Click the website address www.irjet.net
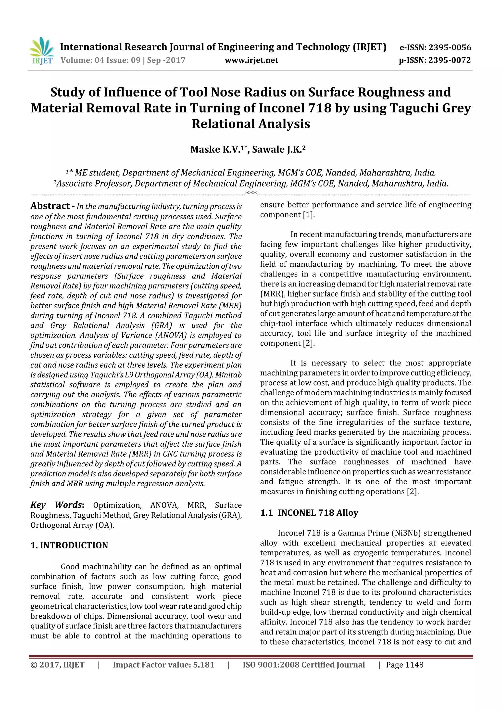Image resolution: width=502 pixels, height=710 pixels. pyautogui.click(x=251, y=60)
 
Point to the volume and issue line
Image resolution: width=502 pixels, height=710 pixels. pyautogui.click(x=123, y=60)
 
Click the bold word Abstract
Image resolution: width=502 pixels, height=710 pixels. pyautogui.click(x=50, y=206)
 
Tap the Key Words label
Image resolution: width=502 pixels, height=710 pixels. pyautogui.click(x=57, y=505)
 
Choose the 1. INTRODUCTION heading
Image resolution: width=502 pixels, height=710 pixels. pyautogui.click(x=69, y=545)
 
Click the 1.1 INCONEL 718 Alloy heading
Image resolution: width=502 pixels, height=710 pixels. pyautogui.click(x=309, y=513)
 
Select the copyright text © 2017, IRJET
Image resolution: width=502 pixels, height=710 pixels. pyautogui.click(x=58, y=665)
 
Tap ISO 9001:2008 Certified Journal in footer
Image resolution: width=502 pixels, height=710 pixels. pyautogui.click(x=303, y=665)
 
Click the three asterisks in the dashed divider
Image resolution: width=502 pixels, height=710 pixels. pyautogui.click(x=251, y=193)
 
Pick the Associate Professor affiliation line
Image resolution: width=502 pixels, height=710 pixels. pyautogui.click(x=251, y=184)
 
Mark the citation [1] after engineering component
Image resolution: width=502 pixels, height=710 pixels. pyautogui.click(x=308, y=215)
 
